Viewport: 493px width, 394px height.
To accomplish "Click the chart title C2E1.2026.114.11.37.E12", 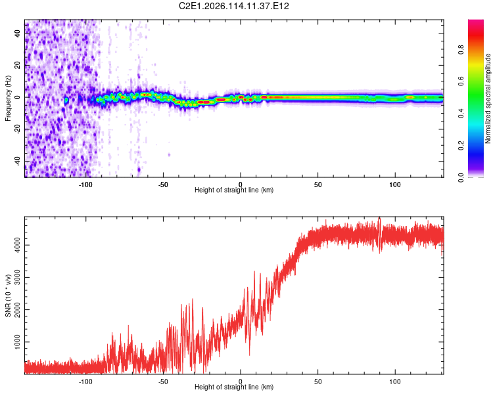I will (x=234, y=6).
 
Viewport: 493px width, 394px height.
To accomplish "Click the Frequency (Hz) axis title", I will (x=8, y=98).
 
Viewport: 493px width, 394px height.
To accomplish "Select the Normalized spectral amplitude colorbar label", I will (x=488, y=98).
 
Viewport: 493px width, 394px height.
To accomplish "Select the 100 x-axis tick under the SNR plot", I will (x=395, y=382).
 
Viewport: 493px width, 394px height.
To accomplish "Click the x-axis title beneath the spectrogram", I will (x=234, y=190).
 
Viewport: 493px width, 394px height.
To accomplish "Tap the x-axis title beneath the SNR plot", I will (x=234, y=387).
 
